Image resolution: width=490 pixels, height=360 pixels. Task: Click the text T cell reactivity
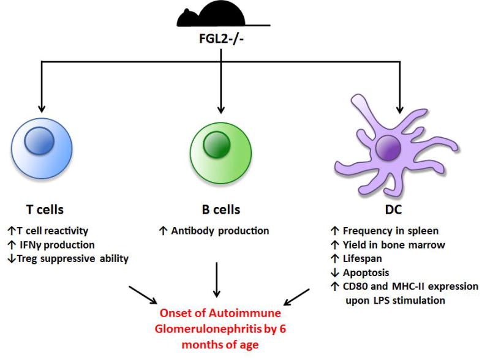click(58, 231)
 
